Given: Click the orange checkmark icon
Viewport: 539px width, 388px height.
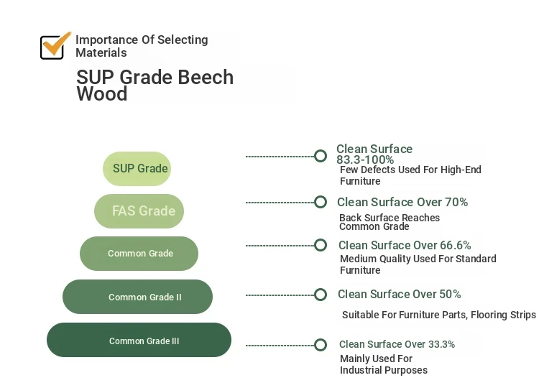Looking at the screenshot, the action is pos(56,44).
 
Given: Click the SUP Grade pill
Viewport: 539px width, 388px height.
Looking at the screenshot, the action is pos(137,169).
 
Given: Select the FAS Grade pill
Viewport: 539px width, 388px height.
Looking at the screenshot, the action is pos(139,211).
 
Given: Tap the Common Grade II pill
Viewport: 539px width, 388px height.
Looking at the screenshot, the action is pos(137,297).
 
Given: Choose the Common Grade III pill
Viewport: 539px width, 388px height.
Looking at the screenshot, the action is pos(139,340).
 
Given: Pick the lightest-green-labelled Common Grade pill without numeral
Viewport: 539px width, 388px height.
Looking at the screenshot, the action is pos(139,254).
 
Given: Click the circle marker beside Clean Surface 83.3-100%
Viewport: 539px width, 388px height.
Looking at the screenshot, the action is pos(321,156).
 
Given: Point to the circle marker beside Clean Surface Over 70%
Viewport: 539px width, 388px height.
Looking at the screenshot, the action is pos(321,202).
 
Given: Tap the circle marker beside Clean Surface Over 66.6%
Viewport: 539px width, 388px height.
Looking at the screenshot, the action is pos(321,245).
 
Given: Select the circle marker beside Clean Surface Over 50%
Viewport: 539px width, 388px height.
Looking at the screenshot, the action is pos(321,295).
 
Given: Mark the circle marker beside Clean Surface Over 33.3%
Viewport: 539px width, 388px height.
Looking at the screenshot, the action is pos(321,345).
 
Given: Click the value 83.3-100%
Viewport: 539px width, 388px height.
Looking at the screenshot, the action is pos(365,160).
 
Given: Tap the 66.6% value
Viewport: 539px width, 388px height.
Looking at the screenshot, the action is pos(455,246).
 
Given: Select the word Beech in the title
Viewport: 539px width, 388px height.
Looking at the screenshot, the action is pos(206,77).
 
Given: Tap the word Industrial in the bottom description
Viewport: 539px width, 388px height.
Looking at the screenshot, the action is pos(360,370).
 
